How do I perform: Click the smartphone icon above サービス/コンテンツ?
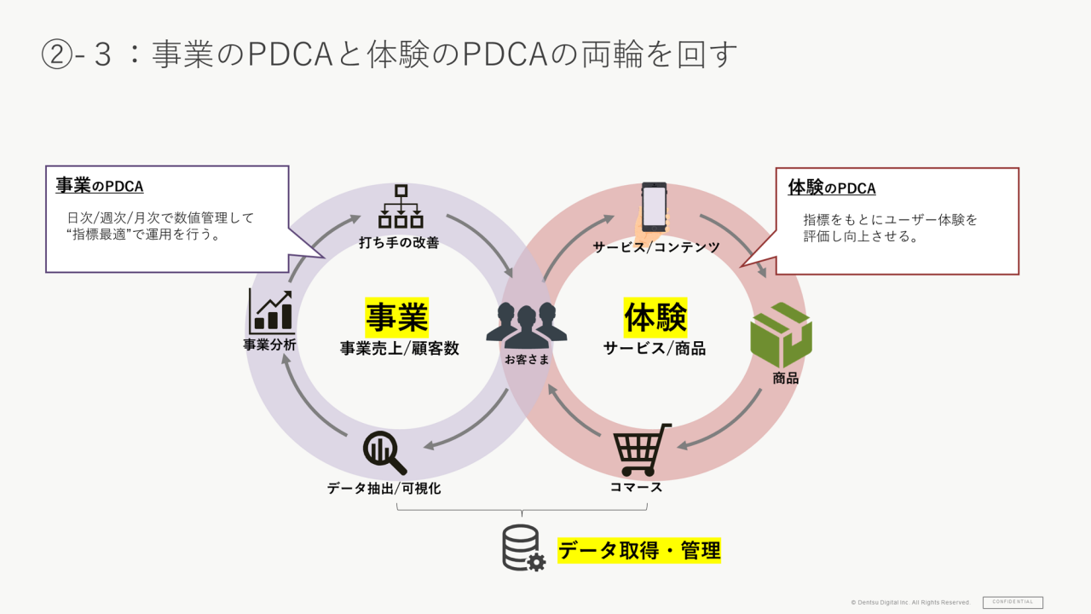click(x=654, y=206)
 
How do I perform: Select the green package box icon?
click(x=781, y=335)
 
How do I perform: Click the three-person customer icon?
click(x=527, y=324)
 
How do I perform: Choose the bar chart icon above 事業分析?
click(x=271, y=311)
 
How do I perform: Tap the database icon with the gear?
click(x=522, y=547)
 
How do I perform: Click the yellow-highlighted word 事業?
click(x=397, y=317)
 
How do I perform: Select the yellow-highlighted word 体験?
click(x=655, y=317)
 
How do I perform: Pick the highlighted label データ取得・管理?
click(x=639, y=551)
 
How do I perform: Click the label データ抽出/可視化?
click(x=384, y=489)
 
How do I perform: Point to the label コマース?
click(x=636, y=487)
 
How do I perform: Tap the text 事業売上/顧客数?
click(x=399, y=348)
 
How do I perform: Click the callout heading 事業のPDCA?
click(x=100, y=187)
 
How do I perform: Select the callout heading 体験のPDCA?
click(x=832, y=188)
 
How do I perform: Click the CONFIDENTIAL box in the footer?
click(x=1013, y=602)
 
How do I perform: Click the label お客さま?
click(x=527, y=360)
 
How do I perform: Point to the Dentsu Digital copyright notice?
click(x=910, y=603)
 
